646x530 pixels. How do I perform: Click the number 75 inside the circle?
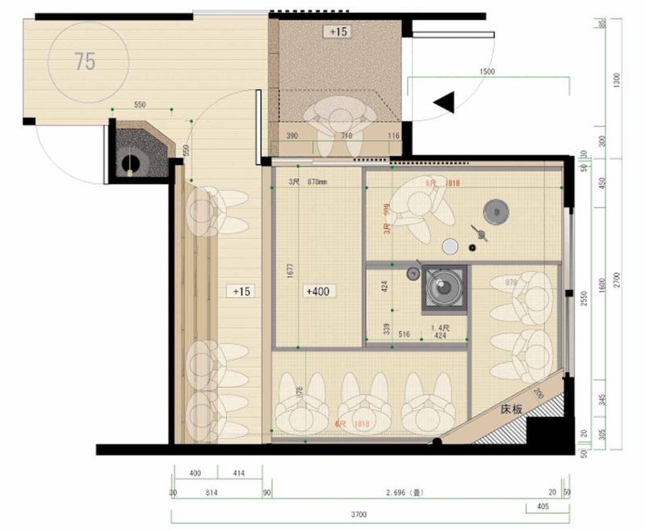point(85,61)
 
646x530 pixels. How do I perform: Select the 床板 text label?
point(514,410)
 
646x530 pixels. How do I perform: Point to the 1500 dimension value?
point(486,71)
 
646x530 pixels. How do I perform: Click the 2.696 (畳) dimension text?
point(404,492)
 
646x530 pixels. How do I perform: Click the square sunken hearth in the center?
point(443,288)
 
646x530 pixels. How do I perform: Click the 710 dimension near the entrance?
point(346,136)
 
